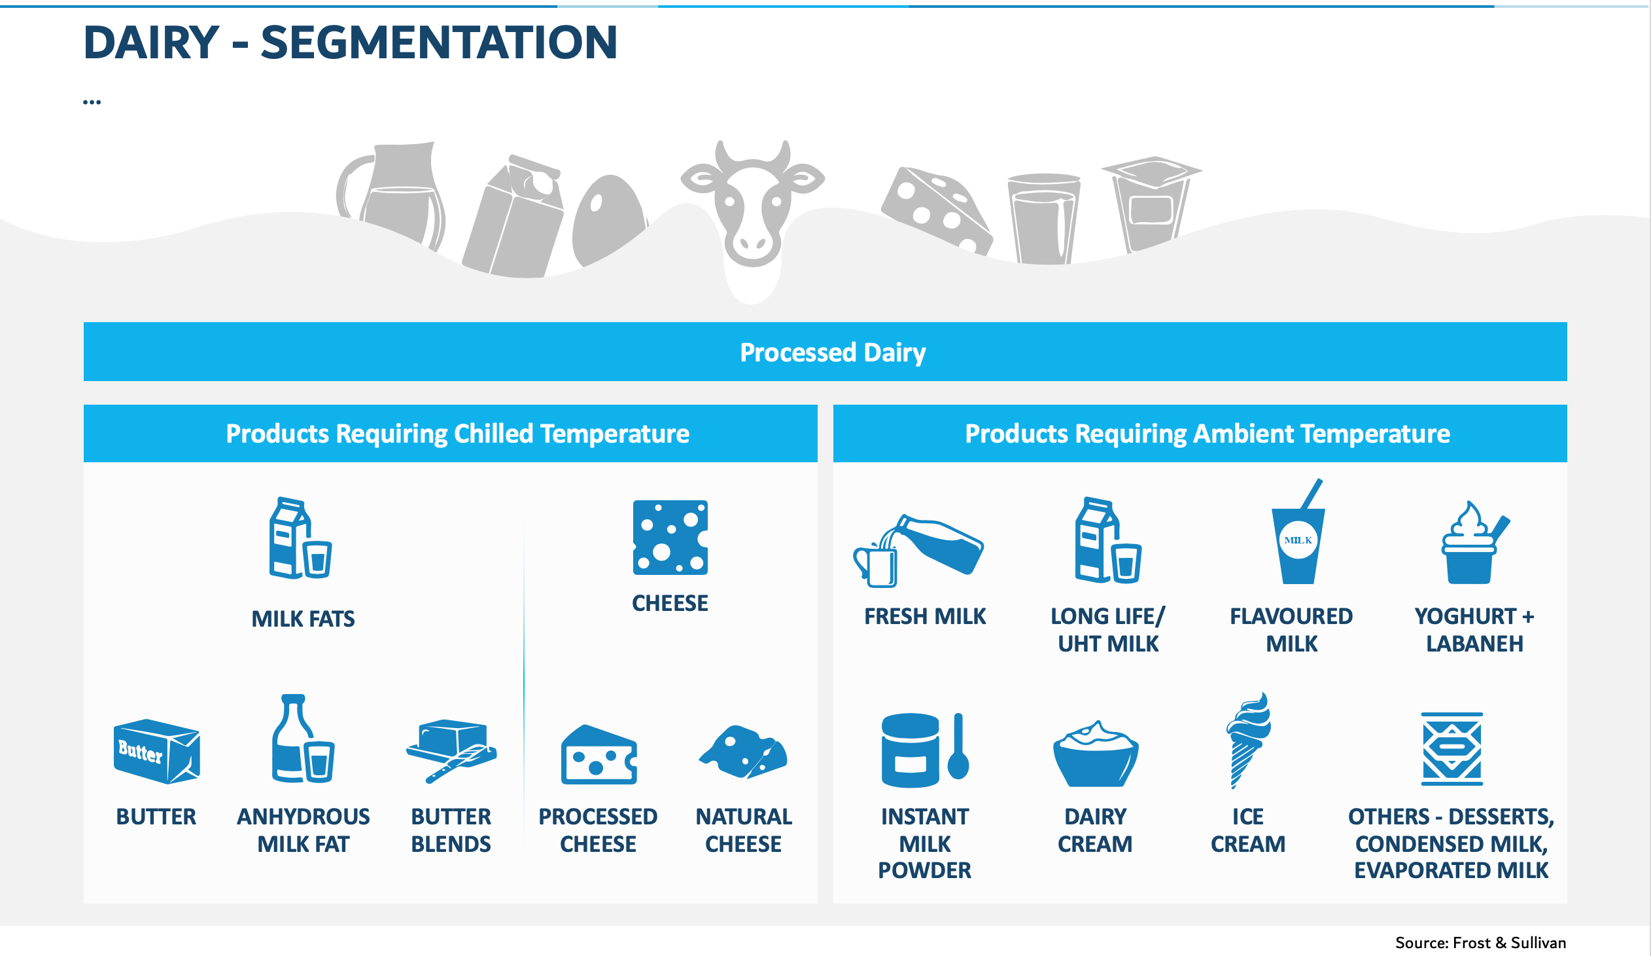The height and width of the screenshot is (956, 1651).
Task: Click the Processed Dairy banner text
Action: [832, 353]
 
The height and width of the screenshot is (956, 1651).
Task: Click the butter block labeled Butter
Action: [156, 752]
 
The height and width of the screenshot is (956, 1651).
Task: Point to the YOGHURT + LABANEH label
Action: [1474, 630]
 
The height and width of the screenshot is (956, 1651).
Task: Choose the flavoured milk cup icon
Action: [1298, 532]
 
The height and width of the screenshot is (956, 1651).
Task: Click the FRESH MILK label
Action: [924, 616]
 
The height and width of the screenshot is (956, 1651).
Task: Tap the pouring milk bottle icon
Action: [918, 550]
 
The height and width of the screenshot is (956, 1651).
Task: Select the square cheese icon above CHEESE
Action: [670, 538]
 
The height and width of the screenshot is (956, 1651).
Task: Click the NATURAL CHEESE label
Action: [744, 830]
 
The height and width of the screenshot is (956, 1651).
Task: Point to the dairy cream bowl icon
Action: [1096, 754]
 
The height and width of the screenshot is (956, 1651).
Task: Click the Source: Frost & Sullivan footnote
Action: [1481, 943]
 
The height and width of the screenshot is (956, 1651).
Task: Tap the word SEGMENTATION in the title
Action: [439, 43]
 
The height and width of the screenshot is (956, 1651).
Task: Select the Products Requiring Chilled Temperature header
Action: [457, 434]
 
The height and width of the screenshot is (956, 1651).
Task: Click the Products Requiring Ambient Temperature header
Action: [1208, 434]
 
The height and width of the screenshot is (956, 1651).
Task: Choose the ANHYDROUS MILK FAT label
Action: [304, 830]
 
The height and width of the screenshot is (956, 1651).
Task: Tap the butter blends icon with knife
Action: [451, 752]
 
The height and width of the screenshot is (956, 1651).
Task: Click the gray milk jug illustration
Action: [392, 196]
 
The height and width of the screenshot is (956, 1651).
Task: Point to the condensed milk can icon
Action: [1452, 749]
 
